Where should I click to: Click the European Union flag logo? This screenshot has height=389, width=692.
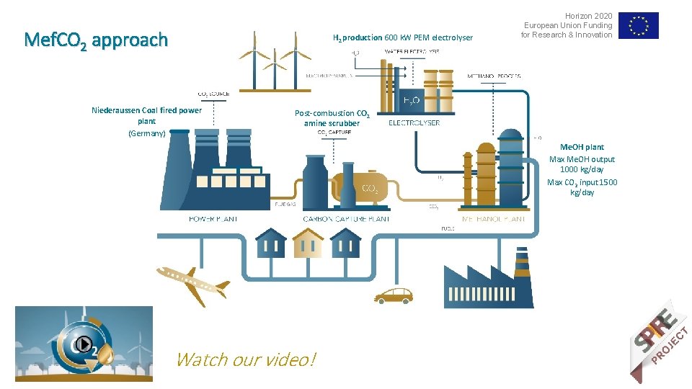coord(638,26)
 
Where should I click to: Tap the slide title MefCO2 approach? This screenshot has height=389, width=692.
coord(95,40)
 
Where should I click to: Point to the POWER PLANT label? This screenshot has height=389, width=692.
coord(213,218)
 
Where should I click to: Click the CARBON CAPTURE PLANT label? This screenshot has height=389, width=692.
coord(346,218)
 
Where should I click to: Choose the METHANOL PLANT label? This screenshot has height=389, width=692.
coord(493,218)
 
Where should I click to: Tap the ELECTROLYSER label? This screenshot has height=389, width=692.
coord(414,122)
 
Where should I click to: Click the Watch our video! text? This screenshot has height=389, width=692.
coord(245,359)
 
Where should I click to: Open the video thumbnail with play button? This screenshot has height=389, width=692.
coord(84,344)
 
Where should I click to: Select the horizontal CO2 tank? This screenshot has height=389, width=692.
coord(360,185)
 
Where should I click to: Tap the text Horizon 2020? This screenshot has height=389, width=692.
coord(588,16)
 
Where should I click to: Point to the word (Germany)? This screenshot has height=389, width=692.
coord(146,133)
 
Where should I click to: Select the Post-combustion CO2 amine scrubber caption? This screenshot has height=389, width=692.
coord(332,118)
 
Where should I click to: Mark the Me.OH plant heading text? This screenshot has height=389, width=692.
coord(582,147)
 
